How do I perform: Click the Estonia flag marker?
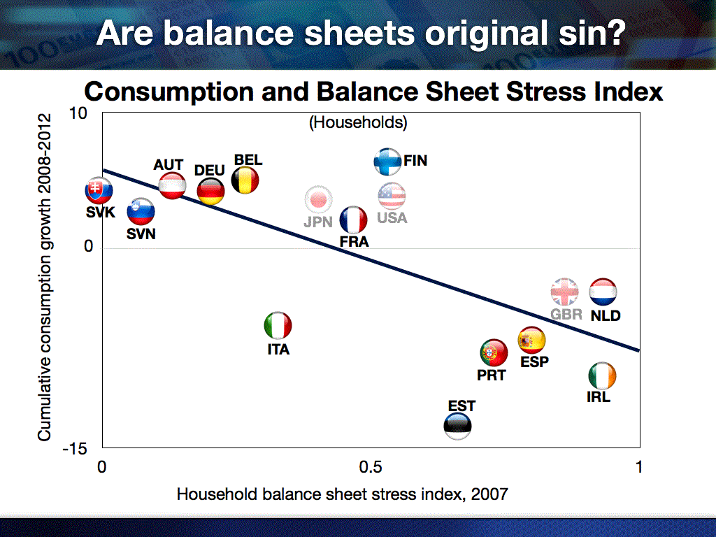coord(457,426)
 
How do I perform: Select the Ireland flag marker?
coord(602,375)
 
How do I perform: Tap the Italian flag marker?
coord(278,326)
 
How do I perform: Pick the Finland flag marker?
coord(387,162)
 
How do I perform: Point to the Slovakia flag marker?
coord(99,190)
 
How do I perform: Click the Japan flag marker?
coord(318,199)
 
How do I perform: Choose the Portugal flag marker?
coord(494,353)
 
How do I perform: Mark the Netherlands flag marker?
coord(603,292)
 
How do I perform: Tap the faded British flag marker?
coord(565,292)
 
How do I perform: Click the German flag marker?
coord(210,192)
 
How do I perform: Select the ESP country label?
coord(534,361)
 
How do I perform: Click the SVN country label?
coord(141,234)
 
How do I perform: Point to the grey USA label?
coord(392,218)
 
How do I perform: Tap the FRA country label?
coord(354,241)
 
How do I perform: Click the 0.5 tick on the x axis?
coord(371,466)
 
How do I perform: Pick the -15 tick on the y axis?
coord(74,449)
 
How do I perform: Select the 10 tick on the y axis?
coord(78,113)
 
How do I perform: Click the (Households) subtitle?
coord(358,122)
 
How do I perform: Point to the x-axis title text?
coord(343,494)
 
